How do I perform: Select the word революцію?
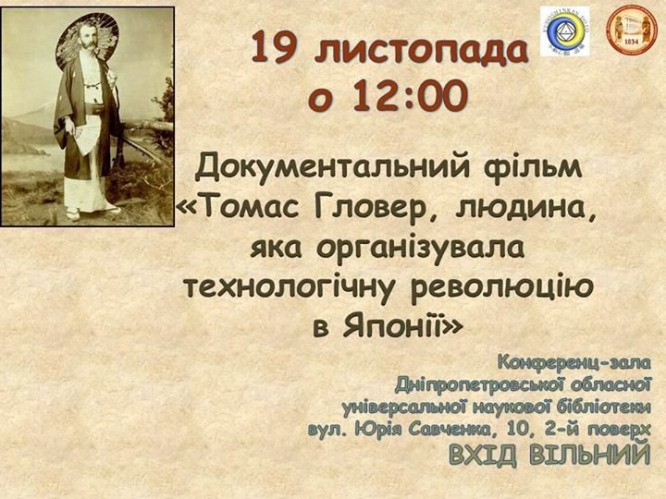click(x=502, y=286)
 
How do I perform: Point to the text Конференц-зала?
click(x=573, y=363)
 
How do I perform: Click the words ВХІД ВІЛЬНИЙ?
click(x=549, y=454)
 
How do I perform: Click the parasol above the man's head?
click(x=87, y=39)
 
